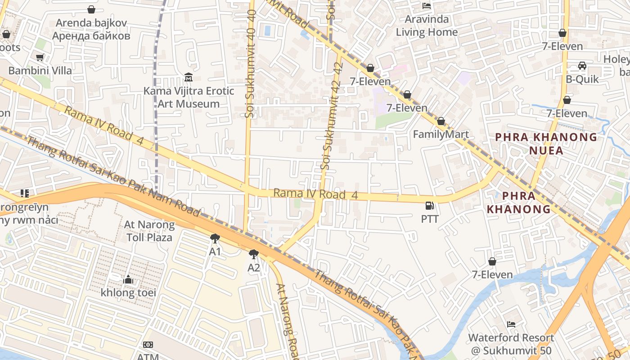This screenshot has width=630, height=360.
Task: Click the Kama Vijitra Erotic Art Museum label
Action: click(189, 97)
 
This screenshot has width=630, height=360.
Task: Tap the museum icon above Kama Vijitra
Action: click(189, 77)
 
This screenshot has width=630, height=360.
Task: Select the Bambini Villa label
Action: click(40, 71)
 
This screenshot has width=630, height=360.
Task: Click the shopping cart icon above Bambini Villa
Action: click(40, 57)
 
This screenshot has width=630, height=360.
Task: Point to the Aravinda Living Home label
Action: click(427, 26)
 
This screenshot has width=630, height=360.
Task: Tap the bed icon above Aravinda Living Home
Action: click(427, 6)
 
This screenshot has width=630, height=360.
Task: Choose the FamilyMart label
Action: click(441, 134)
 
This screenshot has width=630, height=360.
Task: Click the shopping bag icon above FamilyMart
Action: click(441, 121)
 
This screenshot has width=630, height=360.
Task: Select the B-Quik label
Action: click(582, 79)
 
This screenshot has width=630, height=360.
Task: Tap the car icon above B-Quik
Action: click(582, 66)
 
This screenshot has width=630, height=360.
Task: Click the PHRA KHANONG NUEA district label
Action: click(546, 144)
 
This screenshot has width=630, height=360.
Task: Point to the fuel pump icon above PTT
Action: click(430, 206)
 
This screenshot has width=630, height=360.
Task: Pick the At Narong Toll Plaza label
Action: click(149, 231)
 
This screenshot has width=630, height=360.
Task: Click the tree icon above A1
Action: click(215, 238)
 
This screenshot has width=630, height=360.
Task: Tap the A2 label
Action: click(254, 268)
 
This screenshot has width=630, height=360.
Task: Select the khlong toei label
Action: click(128, 292)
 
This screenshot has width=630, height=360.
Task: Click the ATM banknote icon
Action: click(148, 345)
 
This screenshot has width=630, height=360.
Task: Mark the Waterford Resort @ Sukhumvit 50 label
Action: click(511, 344)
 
